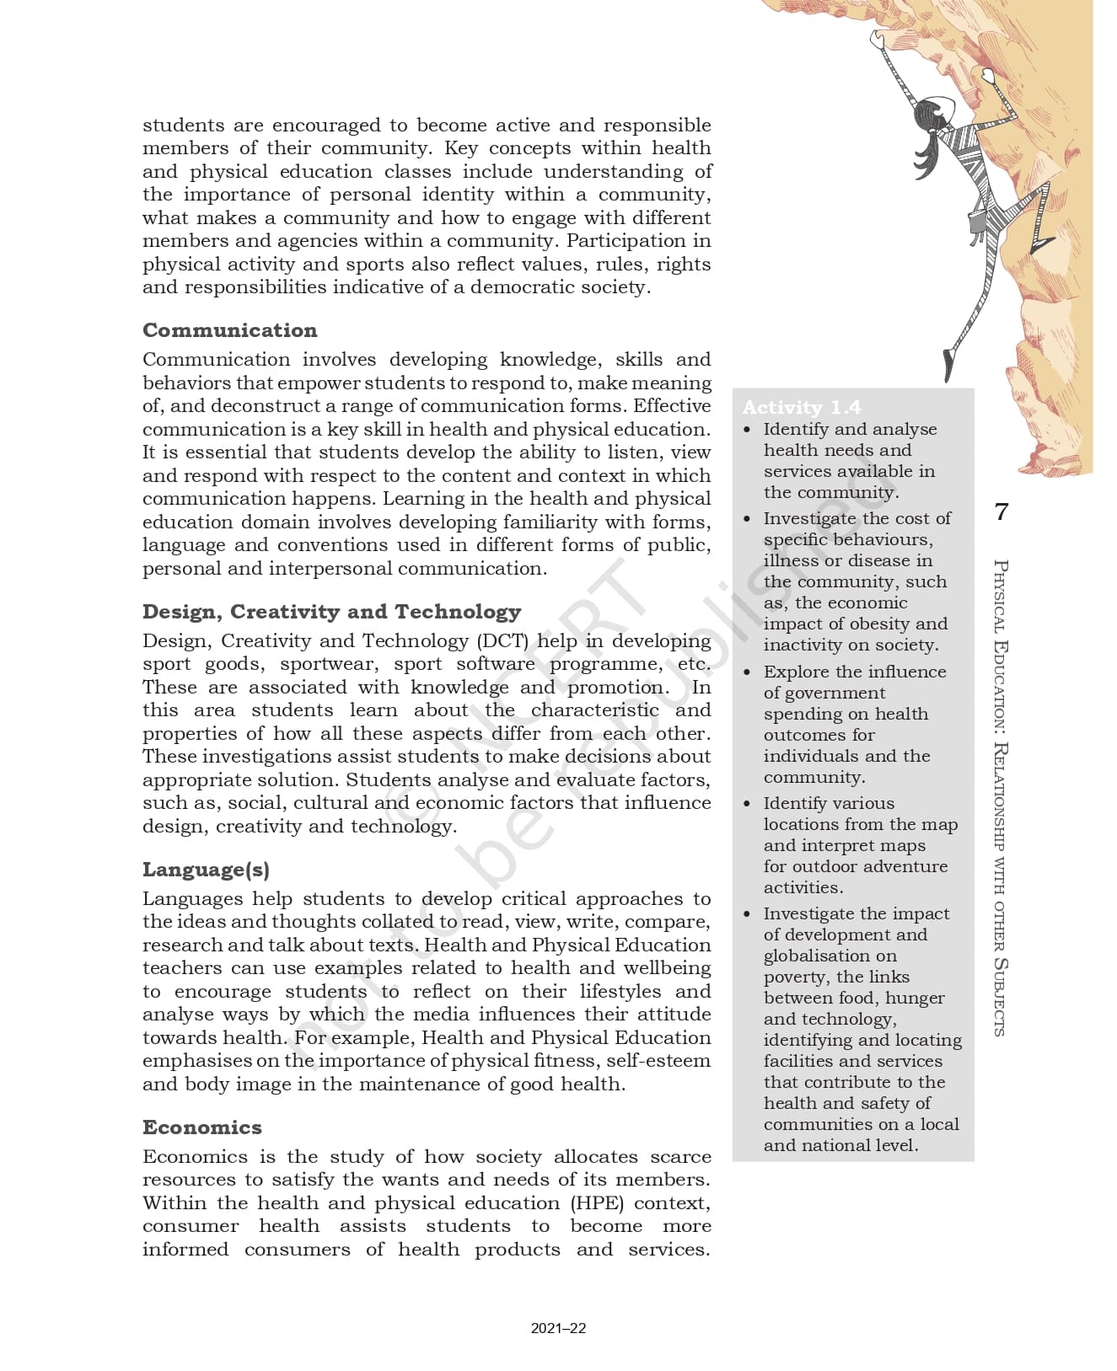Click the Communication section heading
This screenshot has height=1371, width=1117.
[229, 330]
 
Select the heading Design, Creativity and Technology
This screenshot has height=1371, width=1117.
[331, 612]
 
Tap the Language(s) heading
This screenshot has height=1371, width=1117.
[206, 870]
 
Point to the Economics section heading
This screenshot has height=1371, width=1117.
[201, 1127]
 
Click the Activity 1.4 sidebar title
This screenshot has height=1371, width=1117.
[801, 408]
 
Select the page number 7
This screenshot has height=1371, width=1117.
[1001, 511]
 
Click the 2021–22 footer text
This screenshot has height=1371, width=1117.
[558, 1329]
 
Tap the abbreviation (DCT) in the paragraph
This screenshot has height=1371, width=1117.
[502, 641]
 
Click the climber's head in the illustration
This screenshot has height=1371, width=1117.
[931, 112]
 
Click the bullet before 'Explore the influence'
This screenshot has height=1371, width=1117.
[747, 672]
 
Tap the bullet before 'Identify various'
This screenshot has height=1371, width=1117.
[747, 804]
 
